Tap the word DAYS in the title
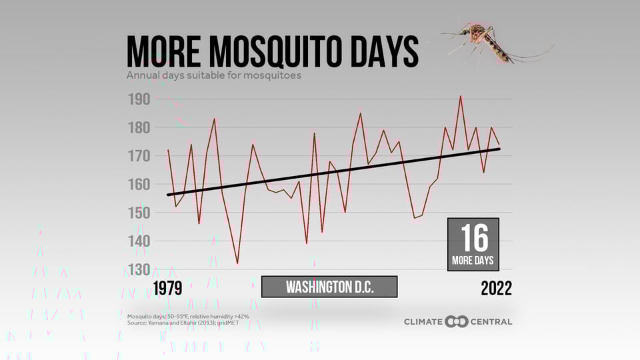pos(382,51)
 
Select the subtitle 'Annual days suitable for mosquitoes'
pos(214,75)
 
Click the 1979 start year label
pos(167,288)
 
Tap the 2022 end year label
pos(496,288)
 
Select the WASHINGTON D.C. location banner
pos(329,287)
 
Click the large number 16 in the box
pos(473,237)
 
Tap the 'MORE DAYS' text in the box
pos(473,260)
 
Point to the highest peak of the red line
pos(460,96)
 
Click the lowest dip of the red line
pos(237,263)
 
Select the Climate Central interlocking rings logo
pos(457,322)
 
